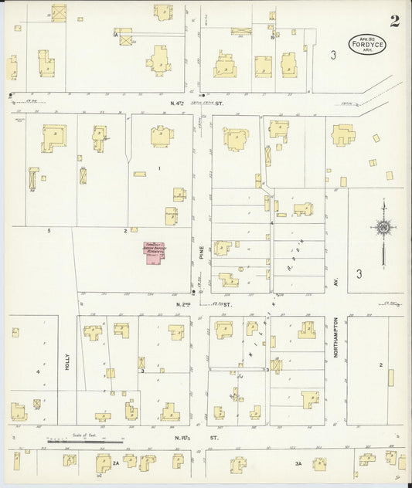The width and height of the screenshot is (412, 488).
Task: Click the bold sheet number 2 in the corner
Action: click(394, 21)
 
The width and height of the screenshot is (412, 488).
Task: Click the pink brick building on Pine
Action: click(154, 255)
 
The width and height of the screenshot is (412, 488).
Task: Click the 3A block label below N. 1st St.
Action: click(298, 463)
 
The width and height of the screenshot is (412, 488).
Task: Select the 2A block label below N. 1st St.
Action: click(117, 463)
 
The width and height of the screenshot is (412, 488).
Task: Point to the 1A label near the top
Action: click(114, 35)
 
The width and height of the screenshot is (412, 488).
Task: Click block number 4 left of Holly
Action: click(37, 371)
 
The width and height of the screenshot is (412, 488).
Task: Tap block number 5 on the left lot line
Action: click(49, 231)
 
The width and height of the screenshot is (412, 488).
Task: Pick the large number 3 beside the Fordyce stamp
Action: click(332, 55)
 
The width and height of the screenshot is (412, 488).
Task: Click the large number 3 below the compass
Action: click(359, 273)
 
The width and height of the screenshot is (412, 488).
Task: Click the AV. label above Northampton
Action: click(337, 283)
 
